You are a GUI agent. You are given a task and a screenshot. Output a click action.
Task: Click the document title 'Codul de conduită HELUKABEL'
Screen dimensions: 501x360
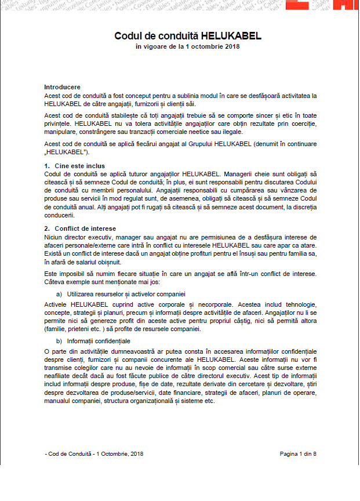click(x=180, y=36)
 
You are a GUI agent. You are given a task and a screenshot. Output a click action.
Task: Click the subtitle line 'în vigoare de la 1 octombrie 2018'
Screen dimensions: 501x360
click(x=180, y=46)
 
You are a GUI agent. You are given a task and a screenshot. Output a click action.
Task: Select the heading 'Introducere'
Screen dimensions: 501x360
click(x=62, y=87)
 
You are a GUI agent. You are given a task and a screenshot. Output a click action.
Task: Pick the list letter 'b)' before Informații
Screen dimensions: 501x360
click(x=59, y=341)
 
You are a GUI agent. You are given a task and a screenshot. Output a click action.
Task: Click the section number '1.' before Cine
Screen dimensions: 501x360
click(x=48, y=166)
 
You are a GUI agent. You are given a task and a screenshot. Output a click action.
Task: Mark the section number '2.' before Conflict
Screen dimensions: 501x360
click(x=48, y=228)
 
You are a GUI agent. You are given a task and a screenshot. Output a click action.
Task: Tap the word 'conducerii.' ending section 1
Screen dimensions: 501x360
click(x=60, y=215)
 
